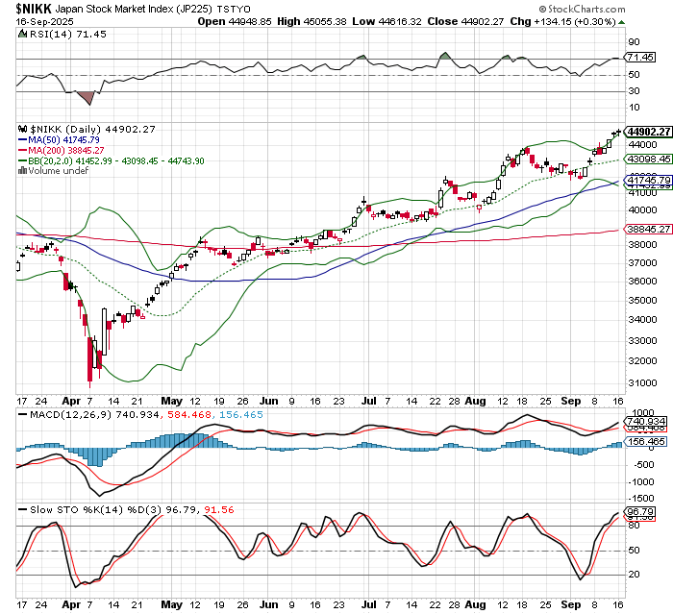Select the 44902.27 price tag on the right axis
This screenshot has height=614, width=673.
pyautogui.click(x=646, y=131)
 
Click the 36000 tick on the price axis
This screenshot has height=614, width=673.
pyautogui.click(x=642, y=282)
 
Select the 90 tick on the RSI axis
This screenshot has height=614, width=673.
pyautogui.click(x=634, y=42)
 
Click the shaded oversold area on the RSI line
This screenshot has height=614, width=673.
pyautogui.click(x=86, y=97)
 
